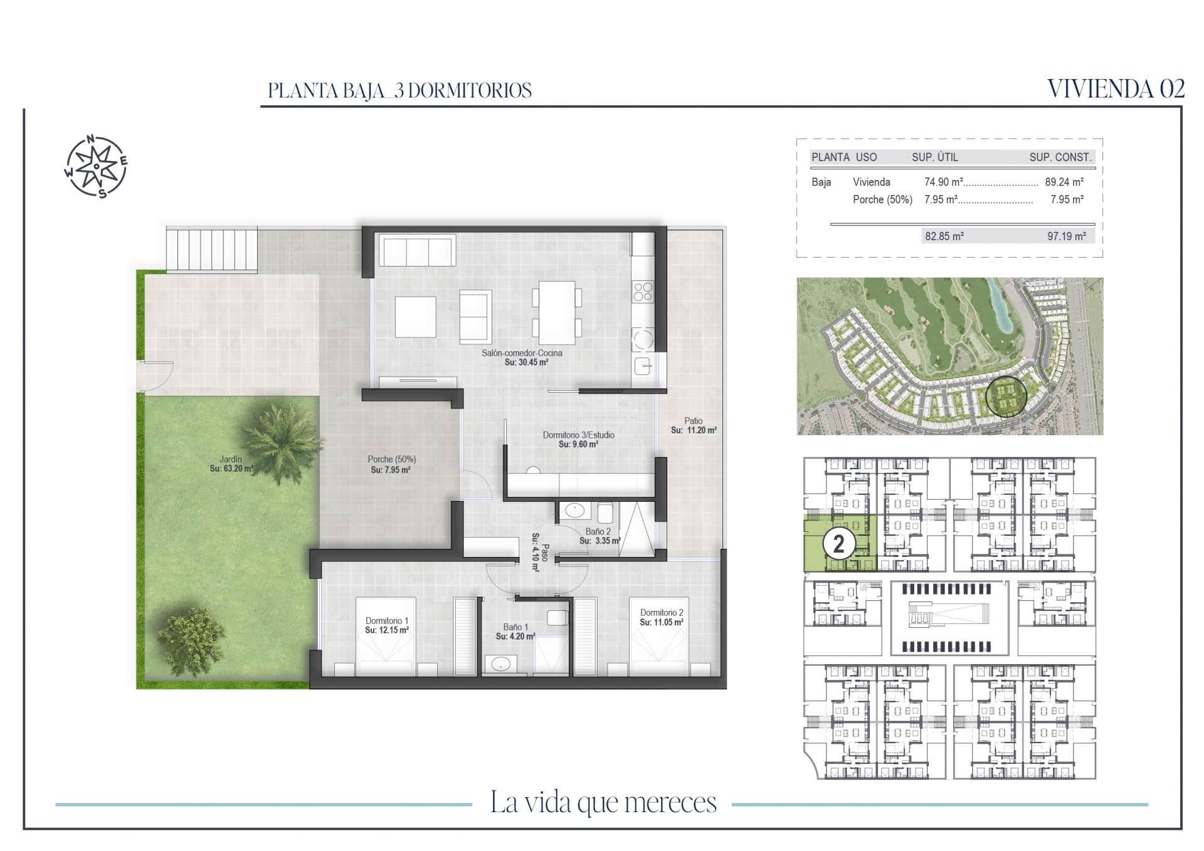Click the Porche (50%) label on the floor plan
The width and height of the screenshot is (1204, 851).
pyautogui.click(x=392, y=459)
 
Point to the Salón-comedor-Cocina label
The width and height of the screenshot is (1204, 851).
pyautogui.click(x=522, y=353)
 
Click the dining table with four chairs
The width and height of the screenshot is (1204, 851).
pyautogui.click(x=557, y=312)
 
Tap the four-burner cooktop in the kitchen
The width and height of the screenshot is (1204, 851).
pyautogui.click(x=643, y=292)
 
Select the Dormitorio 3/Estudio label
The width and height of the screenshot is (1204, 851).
pyautogui.click(x=578, y=435)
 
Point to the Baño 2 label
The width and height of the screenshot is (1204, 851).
pyautogui.click(x=598, y=531)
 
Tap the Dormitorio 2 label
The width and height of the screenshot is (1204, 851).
pyautogui.click(x=662, y=613)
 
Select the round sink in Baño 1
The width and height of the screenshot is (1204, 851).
pyautogui.click(x=500, y=663)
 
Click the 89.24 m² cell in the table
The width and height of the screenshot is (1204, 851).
pyautogui.click(x=1064, y=182)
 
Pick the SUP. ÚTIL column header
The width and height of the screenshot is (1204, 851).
pyautogui.click(x=935, y=157)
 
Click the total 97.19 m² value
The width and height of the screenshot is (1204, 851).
pyautogui.click(x=1066, y=236)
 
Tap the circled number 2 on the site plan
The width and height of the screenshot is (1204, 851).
pyautogui.click(x=839, y=544)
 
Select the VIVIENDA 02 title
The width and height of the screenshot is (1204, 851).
pyautogui.click(x=1116, y=89)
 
